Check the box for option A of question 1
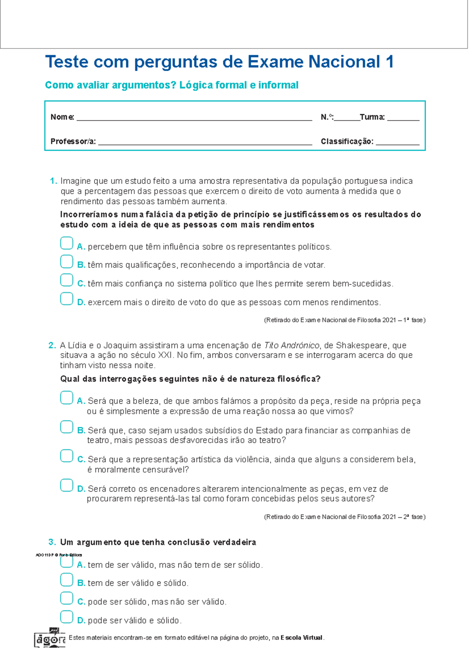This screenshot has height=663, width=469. pyautogui.click(x=66, y=243)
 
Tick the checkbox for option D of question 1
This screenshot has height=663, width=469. pyautogui.click(x=66, y=299)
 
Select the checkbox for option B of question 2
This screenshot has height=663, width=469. pyautogui.click(x=66, y=427)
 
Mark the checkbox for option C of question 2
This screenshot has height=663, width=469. pyautogui.click(x=66, y=456)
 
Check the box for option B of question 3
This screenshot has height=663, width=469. pyautogui.click(x=66, y=580)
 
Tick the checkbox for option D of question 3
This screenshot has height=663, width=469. pyautogui.click(x=66, y=617)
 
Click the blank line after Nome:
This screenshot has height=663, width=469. pyautogui.click(x=194, y=118)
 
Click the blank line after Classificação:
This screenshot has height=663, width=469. pyautogui.click(x=397, y=142)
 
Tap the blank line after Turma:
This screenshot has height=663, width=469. pyautogui.click(x=403, y=118)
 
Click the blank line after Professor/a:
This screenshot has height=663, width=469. pyautogui.click(x=205, y=142)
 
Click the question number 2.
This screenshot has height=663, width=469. pyautogui.click(x=52, y=345)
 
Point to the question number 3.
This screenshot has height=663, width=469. pyautogui.click(x=52, y=542)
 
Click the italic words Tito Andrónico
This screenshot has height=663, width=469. pyautogui.click(x=292, y=345)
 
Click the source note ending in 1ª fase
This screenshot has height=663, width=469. pyautogui.click(x=345, y=320)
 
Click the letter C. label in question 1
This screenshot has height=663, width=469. pyautogui.click(x=81, y=284)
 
